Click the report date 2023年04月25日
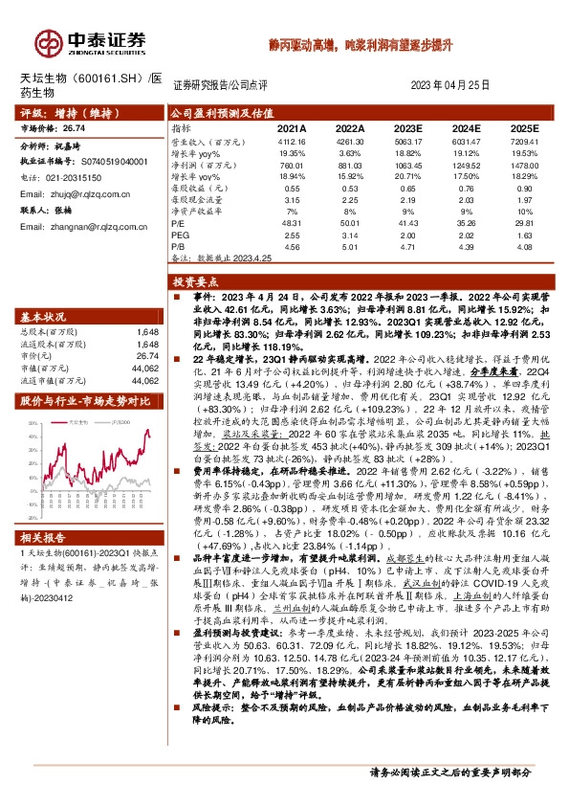(449, 84)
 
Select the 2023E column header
(409, 127)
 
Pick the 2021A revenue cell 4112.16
(291, 141)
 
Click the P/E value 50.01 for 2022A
(350, 222)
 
